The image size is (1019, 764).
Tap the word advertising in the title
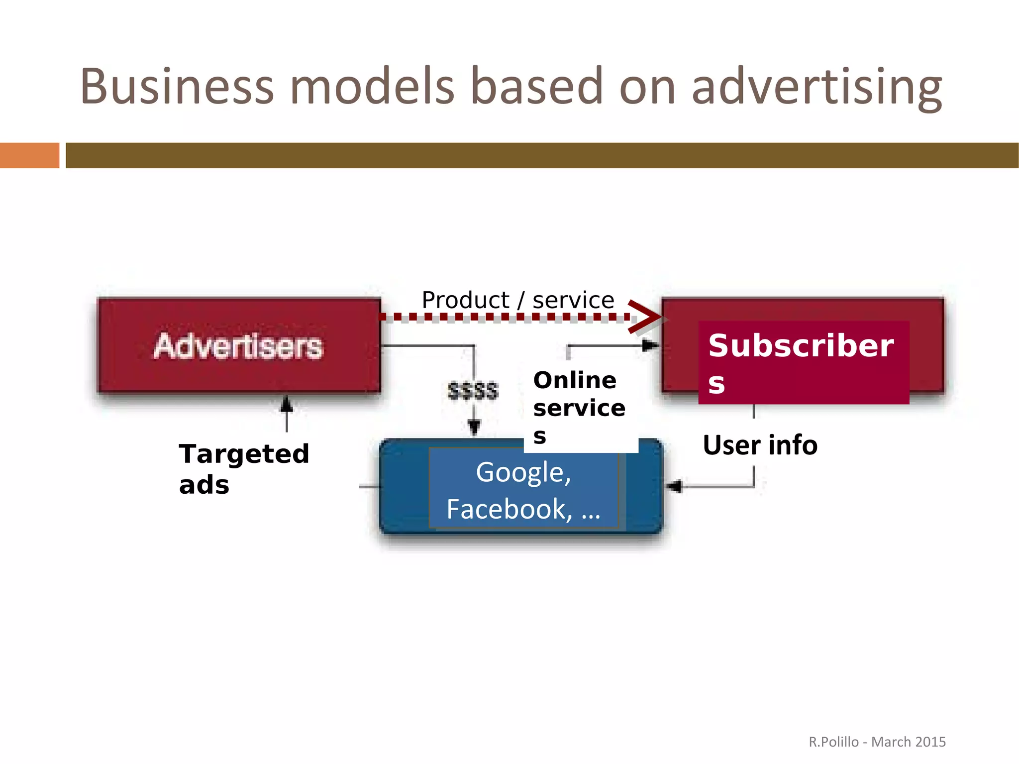(816, 87)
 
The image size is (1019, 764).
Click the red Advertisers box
(239, 345)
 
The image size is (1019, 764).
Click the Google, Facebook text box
(523, 490)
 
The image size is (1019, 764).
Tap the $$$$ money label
(473, 391)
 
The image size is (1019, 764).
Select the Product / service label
(517, 300)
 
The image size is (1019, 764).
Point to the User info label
(760, 445)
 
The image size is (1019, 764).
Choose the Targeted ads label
(244, 468)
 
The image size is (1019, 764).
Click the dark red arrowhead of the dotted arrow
(646, 317)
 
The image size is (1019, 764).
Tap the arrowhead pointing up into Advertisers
(286, 403)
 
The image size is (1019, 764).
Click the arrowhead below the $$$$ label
(474, 427)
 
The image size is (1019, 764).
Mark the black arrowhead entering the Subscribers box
(650, 345)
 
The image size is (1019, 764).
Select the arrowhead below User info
(674, 486)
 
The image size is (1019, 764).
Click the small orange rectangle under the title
(29, 155)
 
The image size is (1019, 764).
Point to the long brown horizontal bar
(541, 155)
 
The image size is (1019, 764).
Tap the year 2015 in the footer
(930, 742)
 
